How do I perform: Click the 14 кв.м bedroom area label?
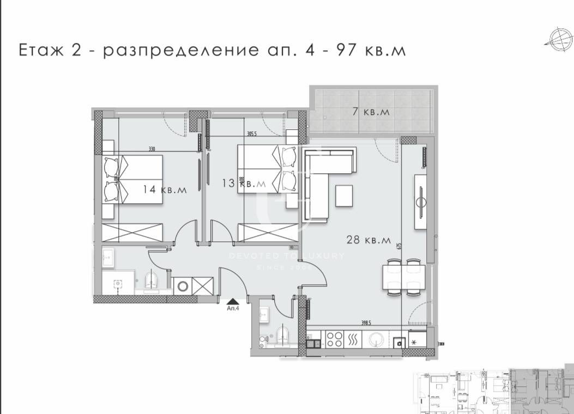(165, 190)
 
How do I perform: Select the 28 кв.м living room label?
(369, 239)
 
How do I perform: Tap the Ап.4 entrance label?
(233, 307)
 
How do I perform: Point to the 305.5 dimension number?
(251, 133)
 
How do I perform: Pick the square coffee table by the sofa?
(345, 196)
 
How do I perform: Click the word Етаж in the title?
(40, 51)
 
